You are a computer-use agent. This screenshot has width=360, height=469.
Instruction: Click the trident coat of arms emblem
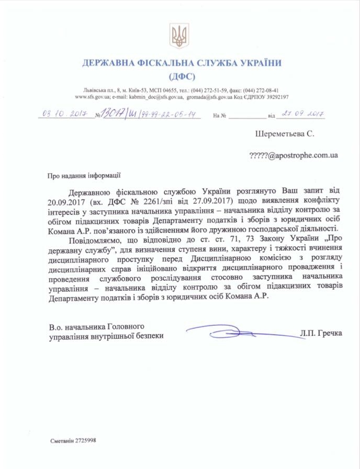pyautogui.click(x=179, y=35)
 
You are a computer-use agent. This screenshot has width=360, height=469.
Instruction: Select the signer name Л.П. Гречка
pyautogui.click(x=321, y=332)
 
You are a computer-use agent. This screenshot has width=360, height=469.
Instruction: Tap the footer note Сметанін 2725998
pyautogui.click(x=74, y=440)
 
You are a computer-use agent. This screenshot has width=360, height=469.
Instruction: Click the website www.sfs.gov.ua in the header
pyautogui.click(x=92, y=97)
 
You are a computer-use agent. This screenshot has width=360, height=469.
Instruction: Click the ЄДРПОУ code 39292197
pyautogui.click(x=273, y=97)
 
